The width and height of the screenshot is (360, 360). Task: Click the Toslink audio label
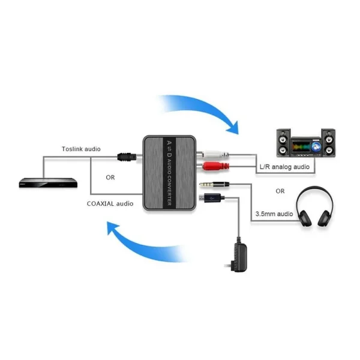pyautogui.click(x=81, y=149)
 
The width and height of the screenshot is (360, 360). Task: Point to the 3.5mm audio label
pyautogui.click(x=273, y=213)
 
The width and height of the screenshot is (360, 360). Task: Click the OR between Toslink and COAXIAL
pyautogui.click(x=110, y=178)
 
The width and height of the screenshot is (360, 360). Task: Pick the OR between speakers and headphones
pyautogui.click(x=280, y=191)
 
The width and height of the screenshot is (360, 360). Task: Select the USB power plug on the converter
pyautogui.click(x=212, y=197)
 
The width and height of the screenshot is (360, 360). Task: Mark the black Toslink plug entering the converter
pyautogui.click(x=127, y=157)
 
